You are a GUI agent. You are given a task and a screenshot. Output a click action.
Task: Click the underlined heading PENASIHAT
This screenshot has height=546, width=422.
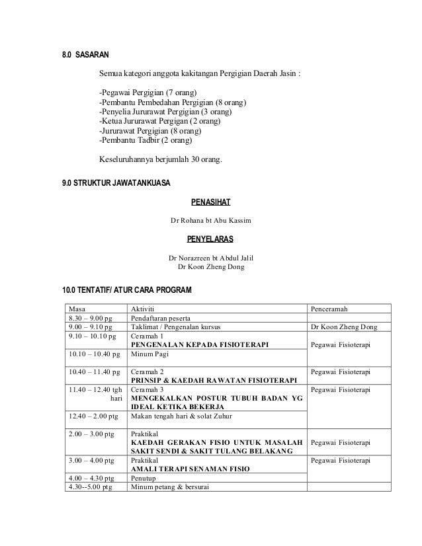pyautogui.click(x=210, y=202)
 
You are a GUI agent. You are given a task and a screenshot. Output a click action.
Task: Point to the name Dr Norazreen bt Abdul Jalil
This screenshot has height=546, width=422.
pyautogui.click(x=211, y=257)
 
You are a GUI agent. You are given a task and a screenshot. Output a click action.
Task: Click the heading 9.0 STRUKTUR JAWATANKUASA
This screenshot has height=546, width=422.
pyautogui.click(x=116, y=182)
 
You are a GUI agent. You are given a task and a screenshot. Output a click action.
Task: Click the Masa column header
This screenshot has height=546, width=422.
pyautogui.click(x=77, y=309)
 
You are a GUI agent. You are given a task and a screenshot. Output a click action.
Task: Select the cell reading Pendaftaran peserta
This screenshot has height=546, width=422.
pyautogui.click(x=162, y=318)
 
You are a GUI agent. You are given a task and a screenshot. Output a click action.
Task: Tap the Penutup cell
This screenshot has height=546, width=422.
pyautogui.click(x=144, y=478)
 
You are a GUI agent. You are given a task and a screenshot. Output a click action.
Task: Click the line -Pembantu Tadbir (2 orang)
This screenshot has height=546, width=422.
pyautogui.click(x=145, y=141)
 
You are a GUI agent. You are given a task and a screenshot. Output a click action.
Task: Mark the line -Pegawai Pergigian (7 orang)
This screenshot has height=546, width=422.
pyautogui.click(x=148, y=91)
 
